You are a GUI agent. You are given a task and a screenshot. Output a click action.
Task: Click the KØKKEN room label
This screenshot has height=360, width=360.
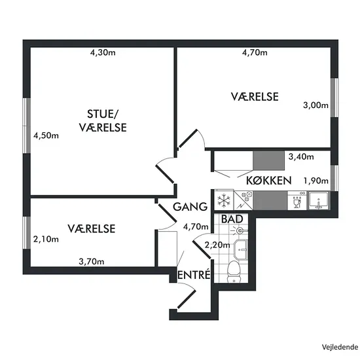[269, 181]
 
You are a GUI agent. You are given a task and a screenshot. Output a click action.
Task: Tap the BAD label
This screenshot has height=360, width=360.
[232, 219]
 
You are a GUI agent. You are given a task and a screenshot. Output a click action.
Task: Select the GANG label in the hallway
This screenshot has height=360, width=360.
[190, 207]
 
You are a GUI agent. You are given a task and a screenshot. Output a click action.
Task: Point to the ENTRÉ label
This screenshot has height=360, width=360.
[194, 275]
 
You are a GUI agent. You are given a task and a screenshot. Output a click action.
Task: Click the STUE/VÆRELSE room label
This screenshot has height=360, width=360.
[103, 121]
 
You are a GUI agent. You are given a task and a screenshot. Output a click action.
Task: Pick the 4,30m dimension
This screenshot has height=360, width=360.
[103, 53]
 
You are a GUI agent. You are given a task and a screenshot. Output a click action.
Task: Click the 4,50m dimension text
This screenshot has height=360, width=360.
[46, 135]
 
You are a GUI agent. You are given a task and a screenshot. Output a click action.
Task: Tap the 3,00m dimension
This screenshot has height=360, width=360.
[315, 105]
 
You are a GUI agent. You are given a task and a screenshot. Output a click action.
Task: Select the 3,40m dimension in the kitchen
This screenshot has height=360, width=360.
[301, 156]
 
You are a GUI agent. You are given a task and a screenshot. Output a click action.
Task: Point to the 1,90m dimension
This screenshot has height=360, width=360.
[316, 181]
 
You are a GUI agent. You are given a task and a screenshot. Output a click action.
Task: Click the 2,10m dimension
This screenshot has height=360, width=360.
[46, 239]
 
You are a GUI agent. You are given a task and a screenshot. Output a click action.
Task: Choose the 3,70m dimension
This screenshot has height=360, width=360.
[92, 261]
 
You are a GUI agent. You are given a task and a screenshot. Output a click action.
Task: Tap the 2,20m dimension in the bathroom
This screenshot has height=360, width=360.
[217, 245]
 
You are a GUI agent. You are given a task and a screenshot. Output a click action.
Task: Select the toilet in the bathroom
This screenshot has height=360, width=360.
[234, 272]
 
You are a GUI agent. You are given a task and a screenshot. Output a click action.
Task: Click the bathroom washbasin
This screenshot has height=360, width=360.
[241, 249]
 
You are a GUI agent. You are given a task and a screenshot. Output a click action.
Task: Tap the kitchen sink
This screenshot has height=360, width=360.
[319, 200]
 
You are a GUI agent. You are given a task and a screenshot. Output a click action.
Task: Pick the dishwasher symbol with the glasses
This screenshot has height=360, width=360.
[297, 200]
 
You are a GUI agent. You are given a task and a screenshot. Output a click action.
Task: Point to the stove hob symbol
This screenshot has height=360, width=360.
[243, 200]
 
